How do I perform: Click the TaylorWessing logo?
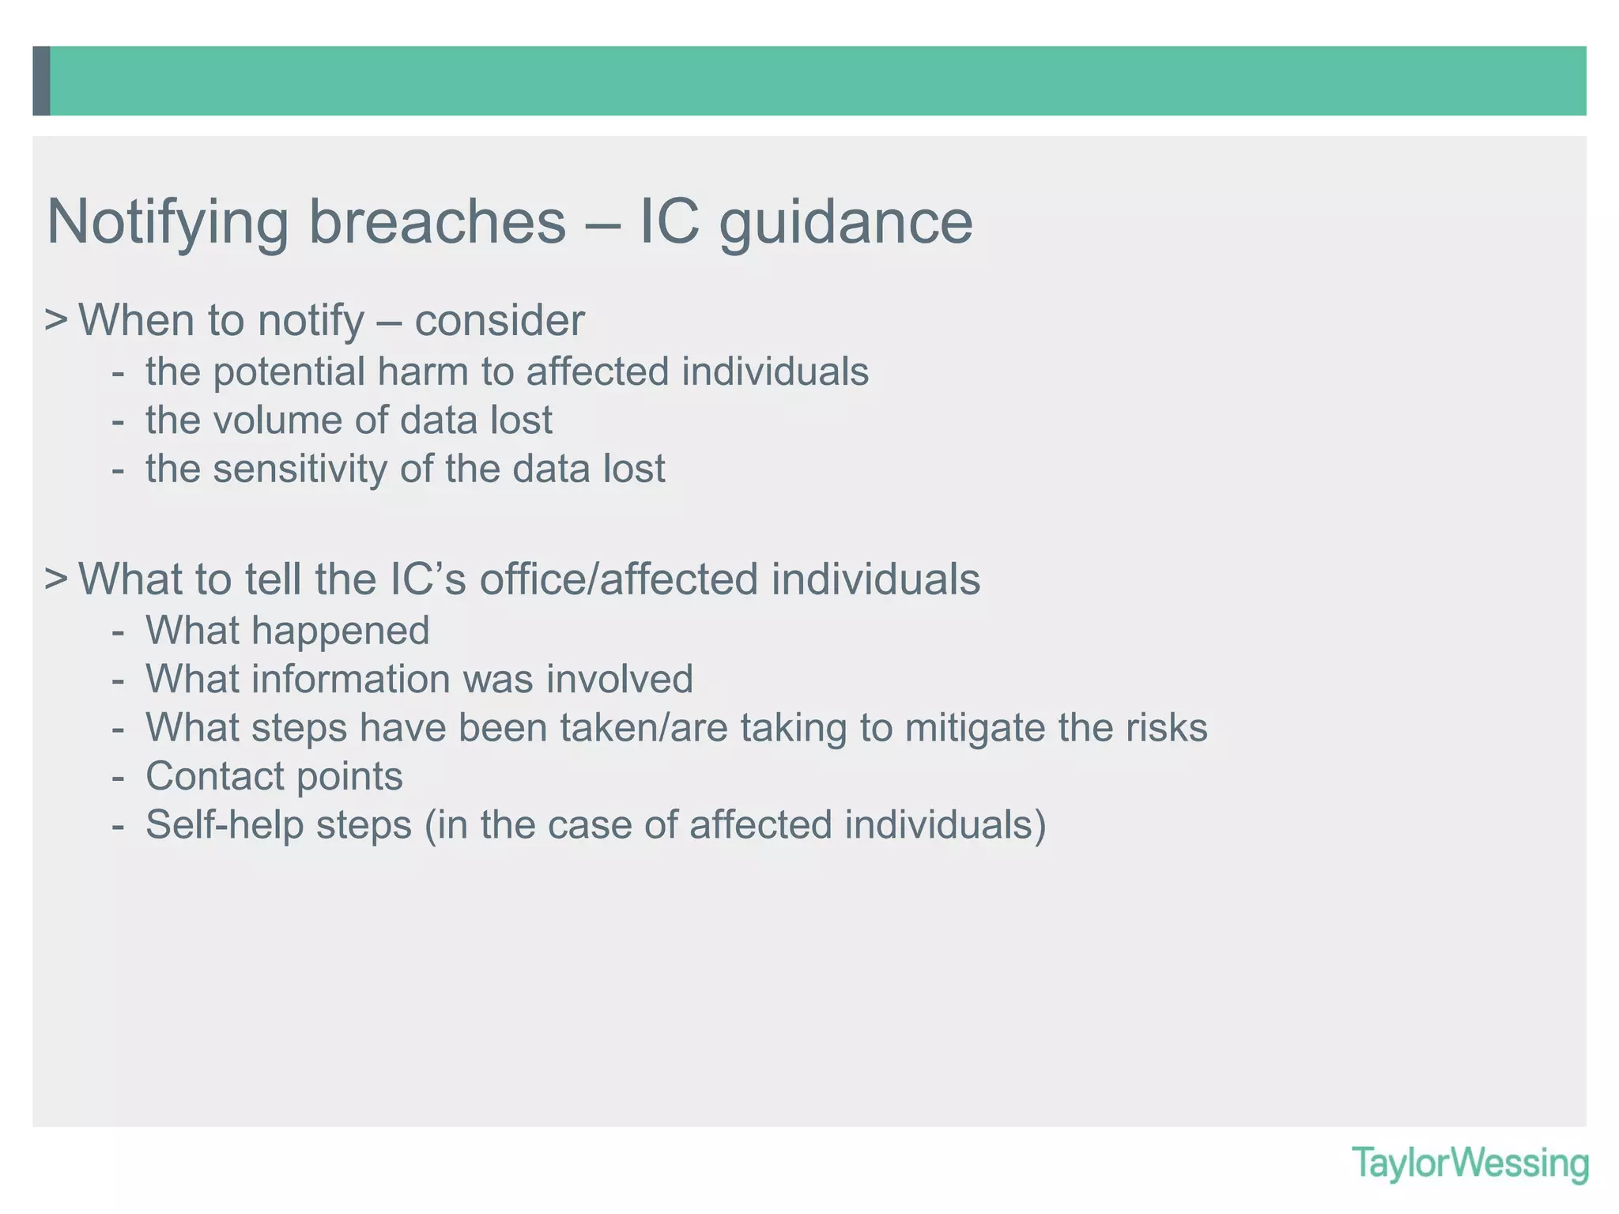tap(1470, 1164)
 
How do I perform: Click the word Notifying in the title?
tap(168, 223)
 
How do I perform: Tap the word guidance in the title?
tap(845, 223)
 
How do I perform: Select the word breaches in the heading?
tap(437, 221)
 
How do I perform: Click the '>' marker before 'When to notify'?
tap(55, 320)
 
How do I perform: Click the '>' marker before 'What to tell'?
tap(55, 579)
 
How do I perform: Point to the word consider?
tap(500, 320)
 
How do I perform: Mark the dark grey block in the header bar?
tap(41, 81)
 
